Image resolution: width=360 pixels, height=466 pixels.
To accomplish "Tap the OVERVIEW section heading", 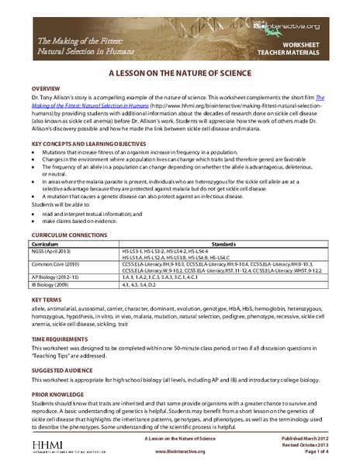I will (x=39, y=89).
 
